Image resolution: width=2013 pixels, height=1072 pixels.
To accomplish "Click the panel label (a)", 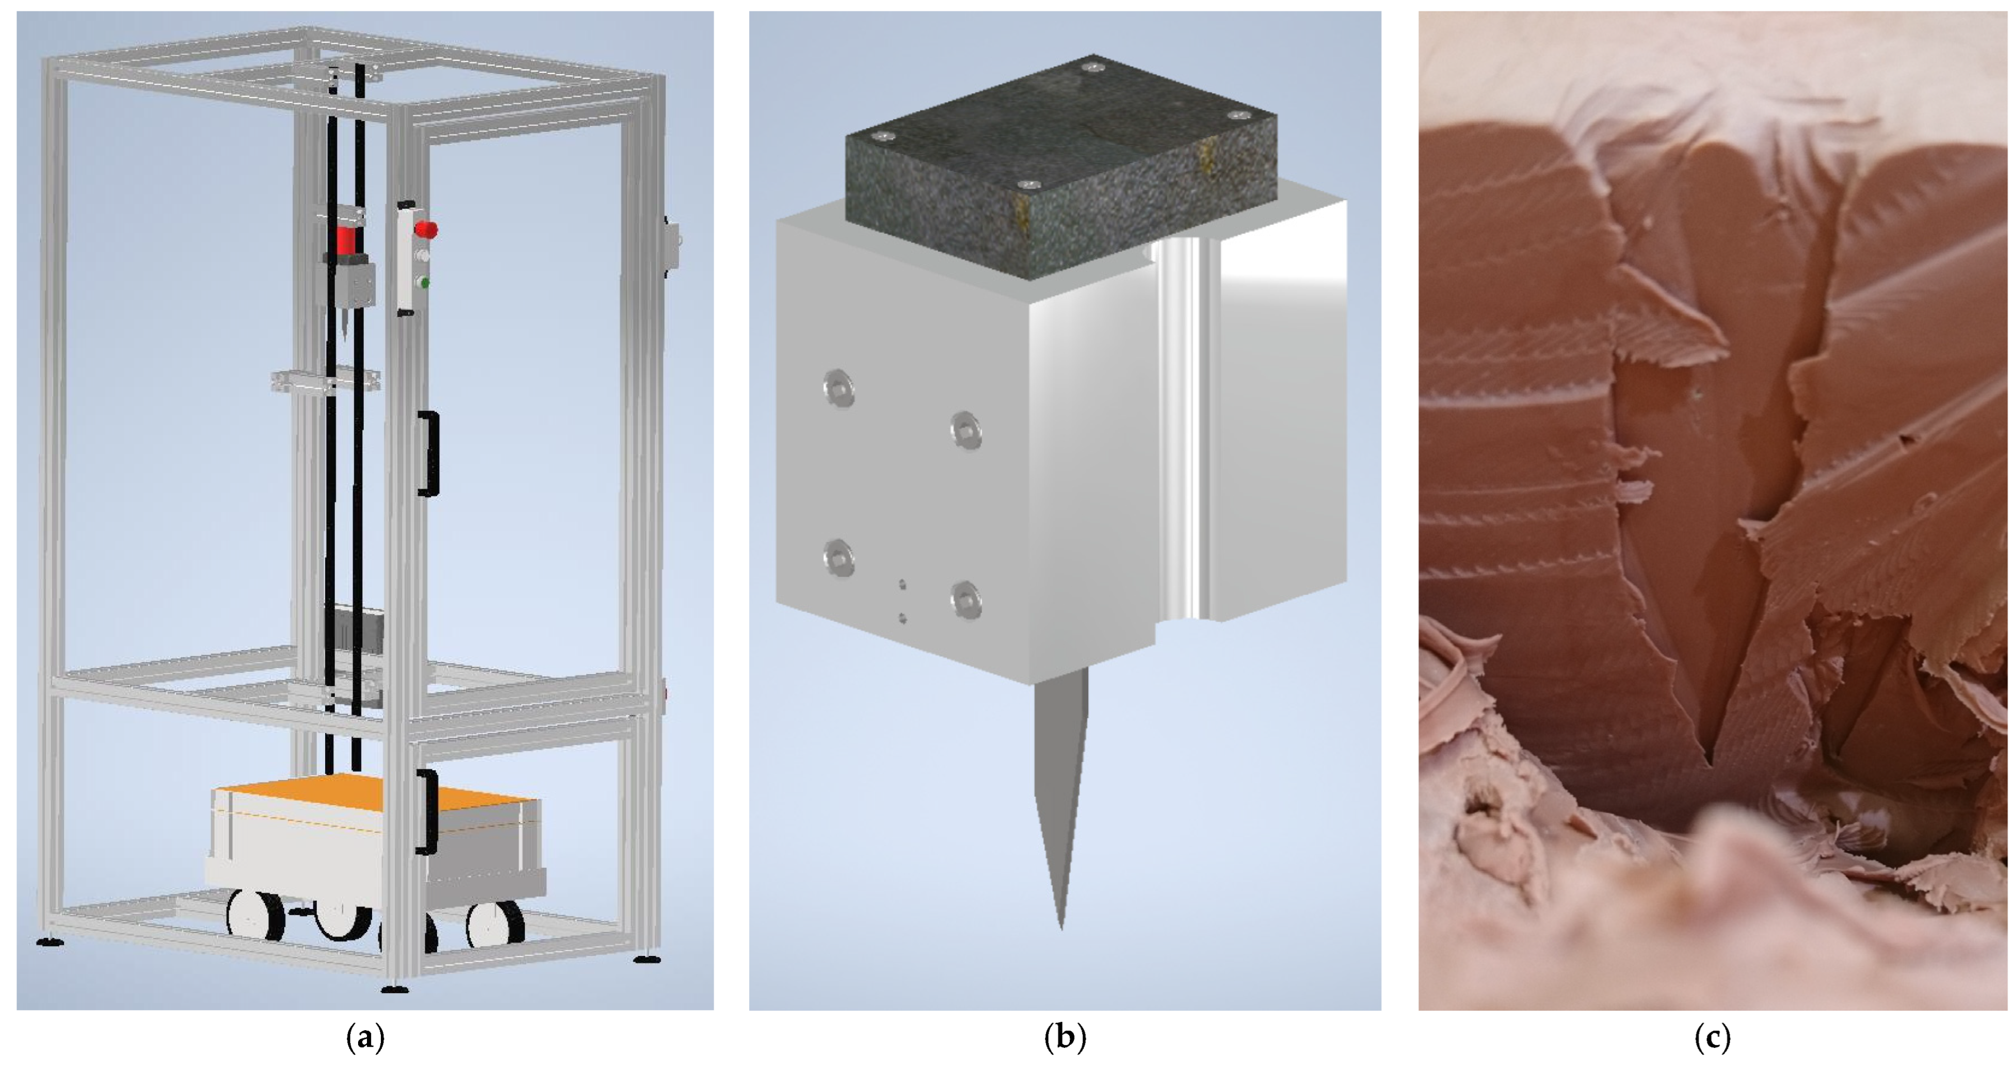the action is [365, 1037].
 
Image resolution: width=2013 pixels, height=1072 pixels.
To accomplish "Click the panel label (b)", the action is [1065, 1037].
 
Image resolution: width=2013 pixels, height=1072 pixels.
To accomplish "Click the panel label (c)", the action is [1712, 1037].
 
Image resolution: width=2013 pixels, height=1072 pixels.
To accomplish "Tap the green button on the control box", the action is [424, 282].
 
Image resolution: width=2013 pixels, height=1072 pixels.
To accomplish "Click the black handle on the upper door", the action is [428, 452].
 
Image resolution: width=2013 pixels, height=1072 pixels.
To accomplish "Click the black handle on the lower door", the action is [427, 812].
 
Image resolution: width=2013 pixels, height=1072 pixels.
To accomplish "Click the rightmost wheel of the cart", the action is [495, 924].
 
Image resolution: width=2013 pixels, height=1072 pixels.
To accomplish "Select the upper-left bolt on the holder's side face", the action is [839, 387].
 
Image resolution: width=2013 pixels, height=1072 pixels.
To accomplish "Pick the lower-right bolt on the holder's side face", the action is [966, 600].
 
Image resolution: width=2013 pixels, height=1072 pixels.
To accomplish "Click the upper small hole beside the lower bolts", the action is [903, 583].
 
